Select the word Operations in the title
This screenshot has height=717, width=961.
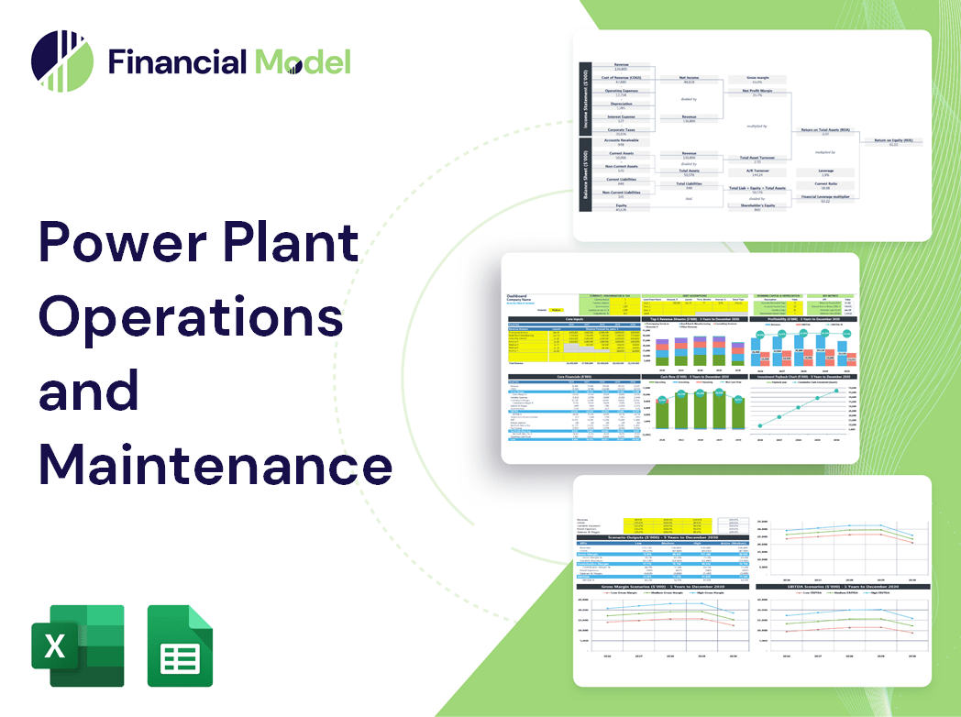coord(191,316)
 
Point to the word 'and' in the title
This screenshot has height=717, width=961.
coord(89,390)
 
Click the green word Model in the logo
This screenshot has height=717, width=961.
coord(303,61)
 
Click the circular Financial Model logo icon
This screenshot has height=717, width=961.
coord(62,61)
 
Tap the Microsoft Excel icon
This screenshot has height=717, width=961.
coord(77,645)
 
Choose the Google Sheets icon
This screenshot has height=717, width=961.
coord(180,645)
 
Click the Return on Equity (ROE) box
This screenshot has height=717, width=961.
coord(892,142)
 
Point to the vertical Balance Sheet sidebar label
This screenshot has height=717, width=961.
coord(584,181)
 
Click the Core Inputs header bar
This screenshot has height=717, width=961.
coord(574,319)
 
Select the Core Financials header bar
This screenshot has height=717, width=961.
coord(574,376)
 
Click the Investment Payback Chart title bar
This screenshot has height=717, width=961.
coord(804,376)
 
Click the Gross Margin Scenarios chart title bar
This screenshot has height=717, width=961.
coord(656,586)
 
